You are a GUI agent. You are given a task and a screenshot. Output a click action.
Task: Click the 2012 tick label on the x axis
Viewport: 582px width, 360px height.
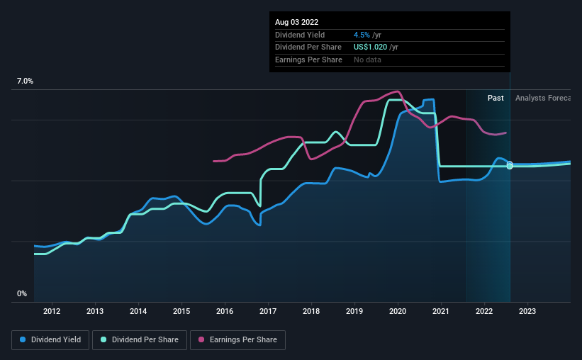point(51,311)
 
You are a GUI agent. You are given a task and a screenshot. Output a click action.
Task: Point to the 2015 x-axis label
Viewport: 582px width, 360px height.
point(181,311)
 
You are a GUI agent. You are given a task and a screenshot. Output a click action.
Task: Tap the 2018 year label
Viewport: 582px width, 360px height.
point(310,311)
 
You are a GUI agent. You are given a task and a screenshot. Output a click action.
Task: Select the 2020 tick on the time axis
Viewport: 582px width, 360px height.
point(398,311)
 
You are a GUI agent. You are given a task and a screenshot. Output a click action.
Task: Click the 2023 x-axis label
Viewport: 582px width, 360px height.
point(527,311)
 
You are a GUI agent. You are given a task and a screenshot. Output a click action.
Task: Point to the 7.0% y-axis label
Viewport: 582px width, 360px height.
point(25,81)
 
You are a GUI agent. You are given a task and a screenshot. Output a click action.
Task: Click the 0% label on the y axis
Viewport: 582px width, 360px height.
point(21,293)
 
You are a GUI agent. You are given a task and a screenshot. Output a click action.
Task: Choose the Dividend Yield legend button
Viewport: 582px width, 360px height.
point(50,340)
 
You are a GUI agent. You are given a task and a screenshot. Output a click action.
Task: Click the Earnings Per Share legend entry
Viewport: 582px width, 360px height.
point(238,340)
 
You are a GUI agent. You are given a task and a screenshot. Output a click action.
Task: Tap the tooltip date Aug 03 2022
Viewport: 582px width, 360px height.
point(296,22)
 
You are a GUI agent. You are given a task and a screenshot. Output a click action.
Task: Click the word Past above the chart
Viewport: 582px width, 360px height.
point(496,98)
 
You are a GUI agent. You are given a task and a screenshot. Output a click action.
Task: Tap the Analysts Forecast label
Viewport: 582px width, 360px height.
point(542,98)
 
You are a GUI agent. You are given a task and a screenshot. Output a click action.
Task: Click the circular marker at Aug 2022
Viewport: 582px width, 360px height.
point(510,165)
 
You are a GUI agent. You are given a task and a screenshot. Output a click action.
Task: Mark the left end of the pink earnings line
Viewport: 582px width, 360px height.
point(213,161)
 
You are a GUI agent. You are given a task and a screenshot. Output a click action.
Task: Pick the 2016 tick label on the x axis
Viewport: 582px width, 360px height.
point(225,311)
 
